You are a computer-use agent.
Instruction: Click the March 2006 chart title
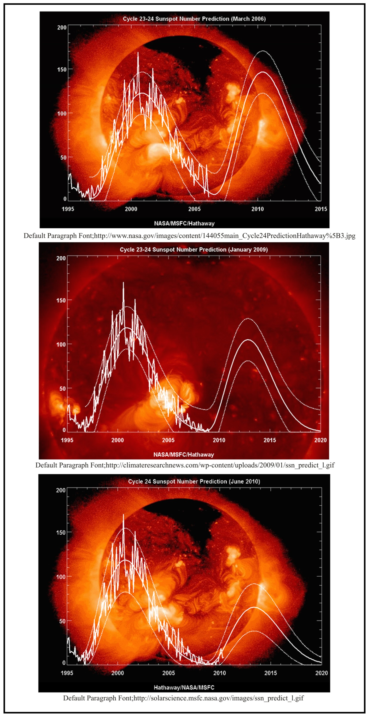[194, 19]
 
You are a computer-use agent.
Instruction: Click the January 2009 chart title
[194, 249]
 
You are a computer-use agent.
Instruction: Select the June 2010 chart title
[194, 481]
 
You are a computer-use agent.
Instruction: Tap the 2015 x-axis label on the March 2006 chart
[321, 209]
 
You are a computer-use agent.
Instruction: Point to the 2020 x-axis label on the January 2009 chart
[320, 440]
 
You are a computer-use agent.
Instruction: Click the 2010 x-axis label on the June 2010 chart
[219, 673]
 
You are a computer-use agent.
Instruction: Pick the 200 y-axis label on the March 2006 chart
[62, 28]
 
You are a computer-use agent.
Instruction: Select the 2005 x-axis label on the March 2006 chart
[194, 209]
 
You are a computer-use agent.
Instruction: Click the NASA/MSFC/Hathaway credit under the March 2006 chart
[184, 223]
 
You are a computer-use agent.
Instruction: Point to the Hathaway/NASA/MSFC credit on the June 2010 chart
[184, 687]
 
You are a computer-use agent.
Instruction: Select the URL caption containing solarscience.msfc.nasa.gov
[183, 698]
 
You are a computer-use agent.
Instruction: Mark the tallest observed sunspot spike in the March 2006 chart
[138, 53]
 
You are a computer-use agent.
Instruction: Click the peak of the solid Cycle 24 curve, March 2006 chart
[263, 72]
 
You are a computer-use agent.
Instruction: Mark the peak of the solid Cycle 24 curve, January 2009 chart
[248, 340]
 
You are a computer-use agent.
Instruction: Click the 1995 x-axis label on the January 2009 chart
[67, 440]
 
